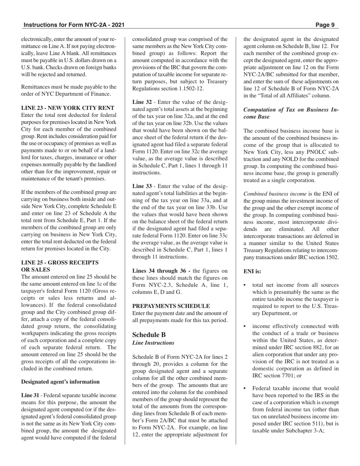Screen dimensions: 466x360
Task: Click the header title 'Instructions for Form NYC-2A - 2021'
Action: point(74,25)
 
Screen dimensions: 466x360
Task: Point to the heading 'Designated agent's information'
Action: point(60,382)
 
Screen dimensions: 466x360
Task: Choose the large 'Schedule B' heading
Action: point(149,335)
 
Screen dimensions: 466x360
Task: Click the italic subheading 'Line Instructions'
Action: point(153,343)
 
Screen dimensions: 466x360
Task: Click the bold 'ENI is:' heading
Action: point(252,271)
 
